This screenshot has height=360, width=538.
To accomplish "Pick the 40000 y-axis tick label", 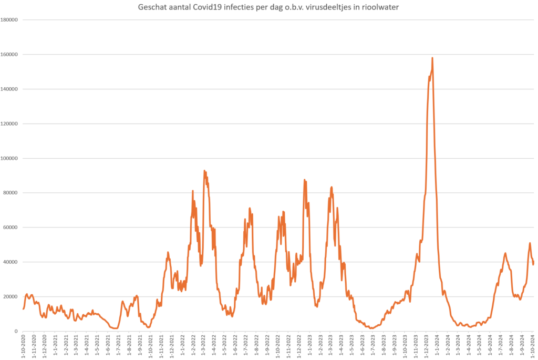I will tap(12, 262).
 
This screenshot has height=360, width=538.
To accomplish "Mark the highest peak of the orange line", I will tap(432, 58).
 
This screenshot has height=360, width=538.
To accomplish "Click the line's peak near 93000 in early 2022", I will tap(204, 171).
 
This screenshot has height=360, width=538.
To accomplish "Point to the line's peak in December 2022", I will tap(304, 180).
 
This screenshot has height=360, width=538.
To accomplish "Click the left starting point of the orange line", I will tap(23, 308).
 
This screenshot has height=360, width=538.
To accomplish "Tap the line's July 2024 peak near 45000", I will tap(505, 253).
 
